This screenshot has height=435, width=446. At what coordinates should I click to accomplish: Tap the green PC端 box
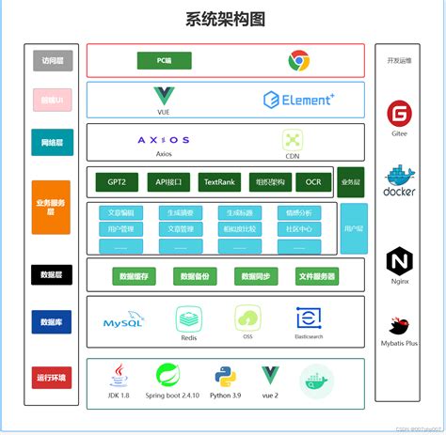[164, 61]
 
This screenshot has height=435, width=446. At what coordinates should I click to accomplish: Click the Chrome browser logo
[299, 61]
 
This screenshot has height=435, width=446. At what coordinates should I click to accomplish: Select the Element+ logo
[299, 100]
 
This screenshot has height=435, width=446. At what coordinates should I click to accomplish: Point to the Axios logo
[164, 140]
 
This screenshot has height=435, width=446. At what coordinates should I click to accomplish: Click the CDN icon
[293, 139]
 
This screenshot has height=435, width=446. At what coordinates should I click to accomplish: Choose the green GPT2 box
[118, 182]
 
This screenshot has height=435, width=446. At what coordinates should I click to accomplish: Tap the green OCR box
[313, 182]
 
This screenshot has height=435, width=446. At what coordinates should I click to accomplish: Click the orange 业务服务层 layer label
[51, 207]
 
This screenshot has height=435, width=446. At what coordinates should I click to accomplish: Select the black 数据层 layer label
[51, 275]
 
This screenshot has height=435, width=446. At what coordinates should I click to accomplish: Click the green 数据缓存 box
[137, 276]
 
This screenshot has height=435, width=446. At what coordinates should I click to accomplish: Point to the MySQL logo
[123, 321]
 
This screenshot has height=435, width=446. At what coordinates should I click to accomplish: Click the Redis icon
[188, 318]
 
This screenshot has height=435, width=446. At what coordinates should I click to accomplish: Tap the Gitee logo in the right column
[399, 114]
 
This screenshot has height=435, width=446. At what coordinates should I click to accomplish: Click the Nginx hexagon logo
[399, 260]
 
